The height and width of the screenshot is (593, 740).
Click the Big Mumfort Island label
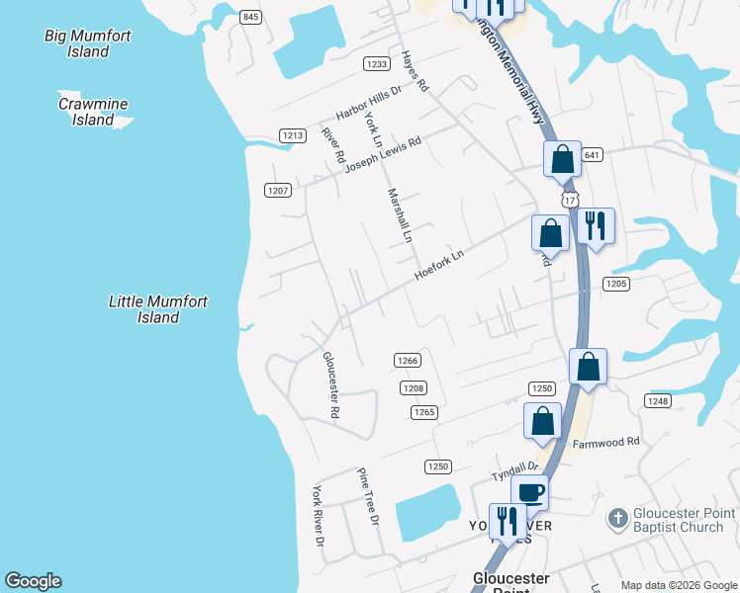(x=88, y=43)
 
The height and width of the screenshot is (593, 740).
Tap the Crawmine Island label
(x=93, y=111)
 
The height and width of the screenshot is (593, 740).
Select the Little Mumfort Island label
(x=157, y=309)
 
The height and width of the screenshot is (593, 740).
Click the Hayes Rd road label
(x=415, y=72)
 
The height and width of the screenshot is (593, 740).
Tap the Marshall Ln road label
(x=400, y=216)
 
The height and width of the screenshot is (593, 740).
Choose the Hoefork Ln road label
(x=439, y=264)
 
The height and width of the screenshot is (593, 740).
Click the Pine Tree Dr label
(x=368, y=497)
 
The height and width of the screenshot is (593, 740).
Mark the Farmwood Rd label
(x=605, y=442)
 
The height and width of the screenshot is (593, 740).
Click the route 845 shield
(x=250, y=18)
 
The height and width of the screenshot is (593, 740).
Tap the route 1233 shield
(x=376, y=64)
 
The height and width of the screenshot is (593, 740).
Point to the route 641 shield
(x=593, y=155)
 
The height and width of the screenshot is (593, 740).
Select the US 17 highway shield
(x=570, y=200)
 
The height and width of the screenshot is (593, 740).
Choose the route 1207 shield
(x=277, y=190)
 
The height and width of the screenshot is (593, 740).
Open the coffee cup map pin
(x=529, y=491)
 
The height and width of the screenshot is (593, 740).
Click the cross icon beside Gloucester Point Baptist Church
(x=617, y=519)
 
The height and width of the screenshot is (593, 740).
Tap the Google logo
(x=33, y=581)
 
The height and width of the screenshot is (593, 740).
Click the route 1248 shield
(x=657, y=400)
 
